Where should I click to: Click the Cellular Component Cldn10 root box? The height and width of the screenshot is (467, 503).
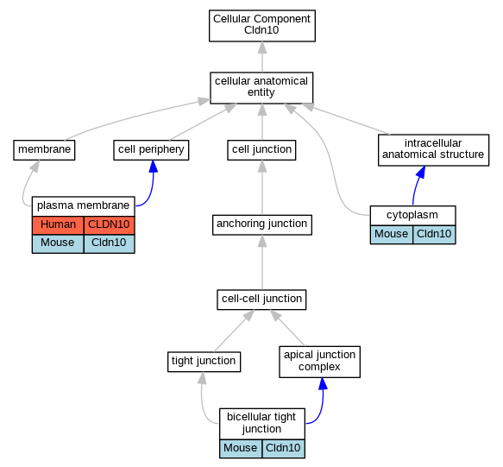262,26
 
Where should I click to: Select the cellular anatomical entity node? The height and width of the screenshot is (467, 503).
261,88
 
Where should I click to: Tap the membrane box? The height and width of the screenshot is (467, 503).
44,150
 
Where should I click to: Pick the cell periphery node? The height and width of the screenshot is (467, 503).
151,150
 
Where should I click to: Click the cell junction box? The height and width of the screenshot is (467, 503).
261,150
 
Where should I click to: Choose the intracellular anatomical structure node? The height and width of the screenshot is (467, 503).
433,150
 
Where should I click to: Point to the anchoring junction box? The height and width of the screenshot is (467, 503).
262,224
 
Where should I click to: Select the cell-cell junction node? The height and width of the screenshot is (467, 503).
261,300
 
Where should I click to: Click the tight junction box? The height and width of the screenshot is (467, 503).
204,362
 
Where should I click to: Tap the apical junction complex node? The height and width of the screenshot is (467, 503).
319,362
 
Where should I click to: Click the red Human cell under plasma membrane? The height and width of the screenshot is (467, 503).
58,225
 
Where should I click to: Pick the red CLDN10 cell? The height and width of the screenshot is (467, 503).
109,225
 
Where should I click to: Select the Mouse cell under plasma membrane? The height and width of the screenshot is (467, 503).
58,243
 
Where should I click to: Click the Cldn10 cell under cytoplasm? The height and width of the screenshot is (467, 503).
434,234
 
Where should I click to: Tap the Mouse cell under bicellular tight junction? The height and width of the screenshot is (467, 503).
241,448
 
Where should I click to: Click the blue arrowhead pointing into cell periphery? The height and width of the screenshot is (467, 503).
154,167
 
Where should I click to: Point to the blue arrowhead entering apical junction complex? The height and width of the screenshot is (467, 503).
323,384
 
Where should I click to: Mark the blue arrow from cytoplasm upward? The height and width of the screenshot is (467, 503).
417,186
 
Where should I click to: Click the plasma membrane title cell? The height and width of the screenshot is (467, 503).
84,206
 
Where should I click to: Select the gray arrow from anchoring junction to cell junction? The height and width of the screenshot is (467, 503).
262,187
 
